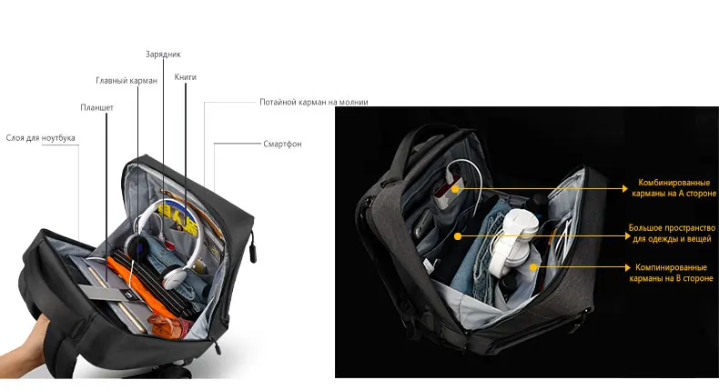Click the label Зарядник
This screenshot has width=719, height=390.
tap(163, 55)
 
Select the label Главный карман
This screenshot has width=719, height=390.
tap(127, 81)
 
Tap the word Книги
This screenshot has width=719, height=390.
tap(186, 77)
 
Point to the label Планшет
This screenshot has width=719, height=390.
tap(96, 107)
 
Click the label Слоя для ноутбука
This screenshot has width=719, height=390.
tap(41, 138)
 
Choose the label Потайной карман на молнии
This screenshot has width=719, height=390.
tap(313, 102)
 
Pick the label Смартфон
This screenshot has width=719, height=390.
tap(282, 144)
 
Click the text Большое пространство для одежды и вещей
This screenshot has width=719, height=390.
tap(672, 233)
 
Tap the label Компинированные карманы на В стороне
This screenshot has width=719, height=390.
tap(672, 274)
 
